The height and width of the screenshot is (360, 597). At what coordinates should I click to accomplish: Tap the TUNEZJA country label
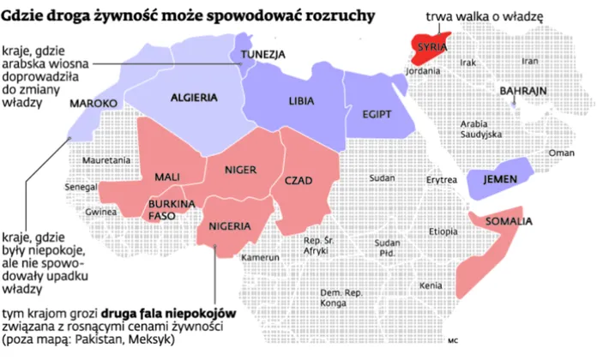coord(262,55)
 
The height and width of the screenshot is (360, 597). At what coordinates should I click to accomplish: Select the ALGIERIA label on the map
coord(193,98)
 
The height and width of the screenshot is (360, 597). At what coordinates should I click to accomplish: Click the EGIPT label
coord(377,114)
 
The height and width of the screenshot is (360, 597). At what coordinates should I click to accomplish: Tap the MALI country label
coord(166,177)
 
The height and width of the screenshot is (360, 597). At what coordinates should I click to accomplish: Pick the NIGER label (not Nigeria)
coord(240,170)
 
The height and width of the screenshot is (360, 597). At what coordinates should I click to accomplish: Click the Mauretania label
coord(106,160)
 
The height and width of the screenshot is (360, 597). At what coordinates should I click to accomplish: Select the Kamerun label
coord(261,257)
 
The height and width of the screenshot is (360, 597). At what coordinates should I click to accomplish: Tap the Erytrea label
coord(442,181)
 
